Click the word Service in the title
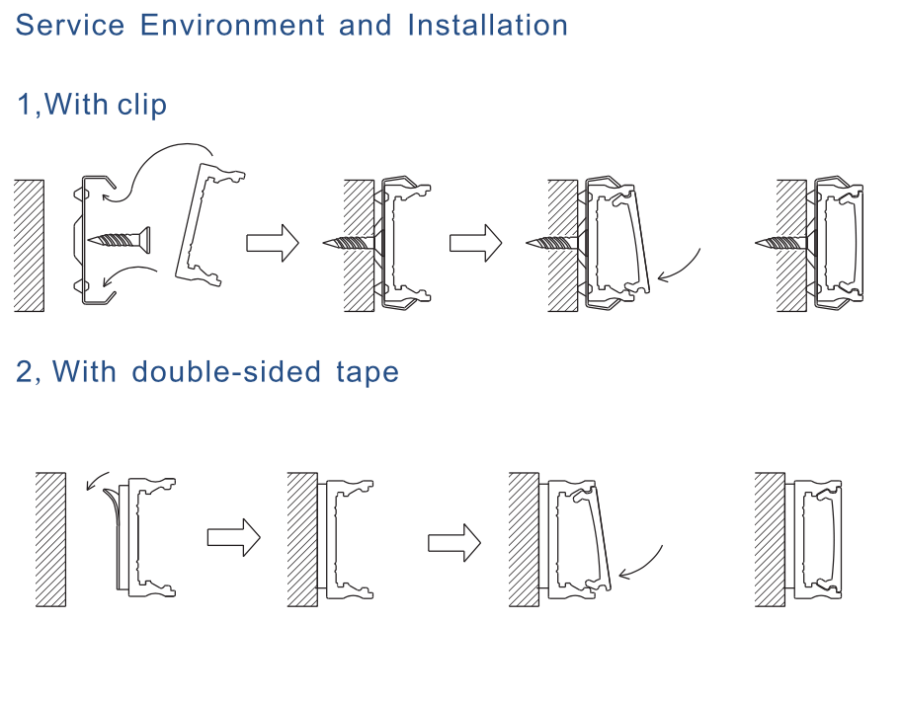click(70, 25)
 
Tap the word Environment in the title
click(233, 25)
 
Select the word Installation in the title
click(487, 25)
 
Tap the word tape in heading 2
click(365, 372)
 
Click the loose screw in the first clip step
click(121, 238)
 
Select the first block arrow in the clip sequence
click(272, 242)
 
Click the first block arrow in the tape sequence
click(233, 538)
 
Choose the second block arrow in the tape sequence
click(453, 542)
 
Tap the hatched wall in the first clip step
click(30, 245)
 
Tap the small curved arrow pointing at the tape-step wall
click(97, 481)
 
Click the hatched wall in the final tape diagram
click(770, 539)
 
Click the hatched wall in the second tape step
click(302, 539)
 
